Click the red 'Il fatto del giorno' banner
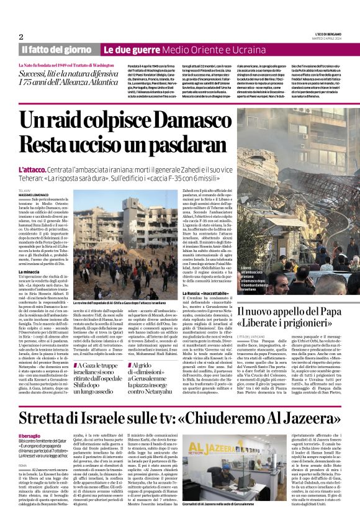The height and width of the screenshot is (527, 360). click(56, 49)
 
